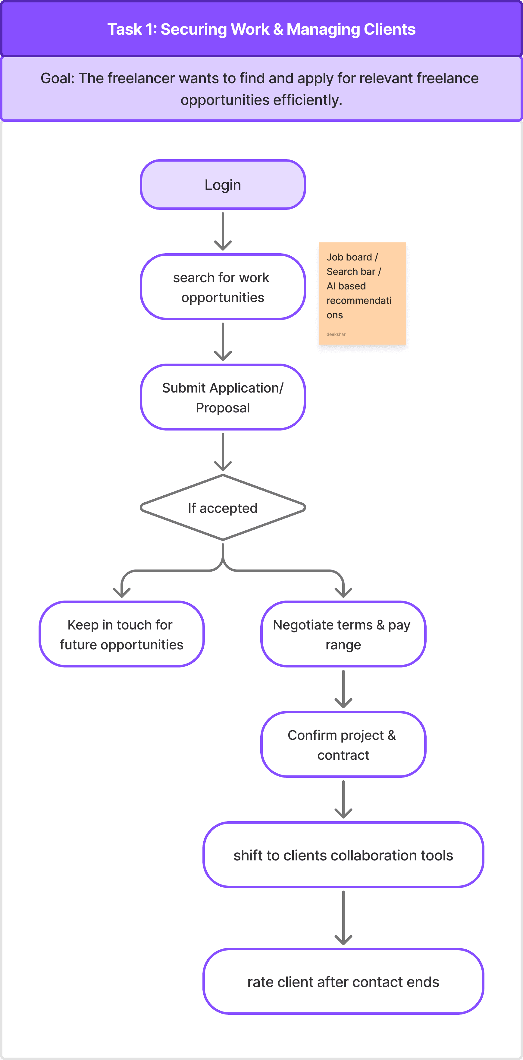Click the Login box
222,185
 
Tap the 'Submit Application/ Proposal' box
222,397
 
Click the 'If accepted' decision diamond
222,508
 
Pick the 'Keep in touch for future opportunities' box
121,634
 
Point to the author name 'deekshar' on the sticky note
336,334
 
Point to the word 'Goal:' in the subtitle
57,78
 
